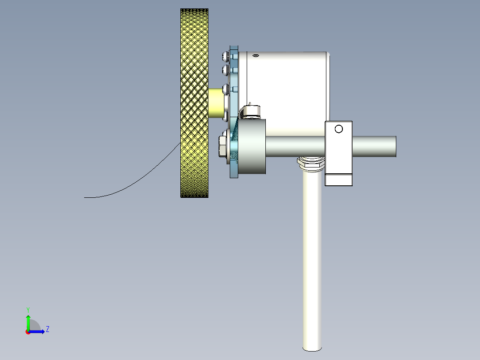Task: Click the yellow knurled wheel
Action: click(195, 103)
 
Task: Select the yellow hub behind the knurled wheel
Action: click(216, 103)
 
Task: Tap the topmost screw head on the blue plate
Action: click(226, 56)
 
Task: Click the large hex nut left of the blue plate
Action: click(223, 147)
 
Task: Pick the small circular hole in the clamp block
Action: click(338, 129)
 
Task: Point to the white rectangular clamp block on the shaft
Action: click(338, 153)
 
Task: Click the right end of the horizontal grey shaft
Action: click(396, 147)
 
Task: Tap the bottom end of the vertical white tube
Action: click(312, 349)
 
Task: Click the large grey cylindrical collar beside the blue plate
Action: click(252, 147)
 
